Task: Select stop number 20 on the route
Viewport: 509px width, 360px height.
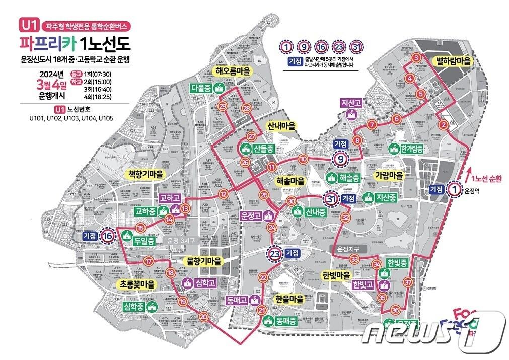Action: (x=203, y=317)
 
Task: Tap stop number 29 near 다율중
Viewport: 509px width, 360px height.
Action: (x=223, y=107)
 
